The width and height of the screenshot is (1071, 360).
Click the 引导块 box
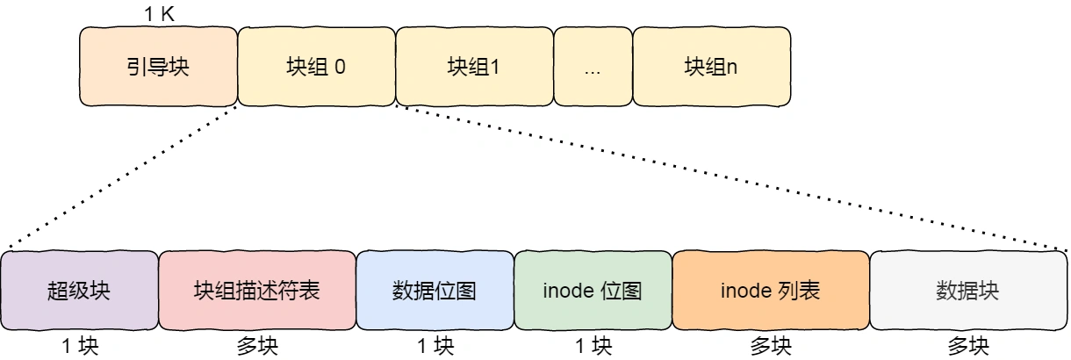pyautogui.click(x=158, y=67)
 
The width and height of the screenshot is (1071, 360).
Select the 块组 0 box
pyautogui.click(x=316, y=67)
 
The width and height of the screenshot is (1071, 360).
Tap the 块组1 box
pyautogui.click(x=474, y=67)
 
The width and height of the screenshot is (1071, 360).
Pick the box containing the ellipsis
pyautogui.click(x=593, y=67)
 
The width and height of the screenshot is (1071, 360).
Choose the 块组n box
pyautogui.click(x=711, y=67)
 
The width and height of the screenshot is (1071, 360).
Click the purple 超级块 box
pyautogui.click(x=79, y=291)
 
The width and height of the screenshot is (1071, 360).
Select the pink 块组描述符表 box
pyautogui.click(x=256, y=291)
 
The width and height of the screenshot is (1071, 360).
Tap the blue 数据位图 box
pyautogui.click(x=435, y=291)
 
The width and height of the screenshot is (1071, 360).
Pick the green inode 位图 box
pyautogui.click(x=593, y=291)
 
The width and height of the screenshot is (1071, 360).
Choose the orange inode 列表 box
pyautogui.click(x=770, y=291)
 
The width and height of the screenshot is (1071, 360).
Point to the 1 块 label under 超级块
pyautogui.click(x=80, y=346)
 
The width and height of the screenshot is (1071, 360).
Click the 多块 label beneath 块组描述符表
pyautogui.click(x=257, y=346)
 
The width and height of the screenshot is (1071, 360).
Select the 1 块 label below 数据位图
pyautogui.click(x=435, y=346)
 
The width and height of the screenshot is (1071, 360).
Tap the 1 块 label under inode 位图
pyautogui.click(x=593, y=346)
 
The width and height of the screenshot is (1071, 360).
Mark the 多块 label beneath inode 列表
pyautogui.click(x=771, y=346)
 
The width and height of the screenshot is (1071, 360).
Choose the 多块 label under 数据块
pyautogui.click(x=968, y=346)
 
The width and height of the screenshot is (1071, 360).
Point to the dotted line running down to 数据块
pyautogui.click(x=729, y=178)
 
